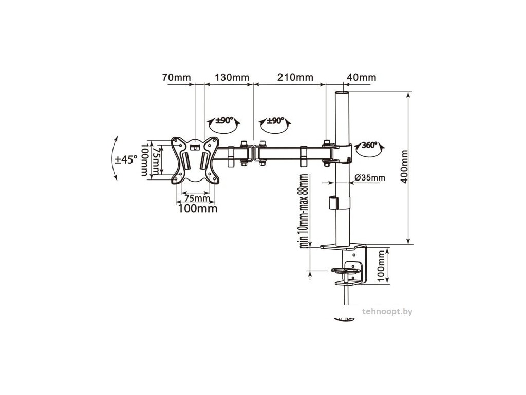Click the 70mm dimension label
click(177, 77)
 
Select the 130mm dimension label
click(232, 77)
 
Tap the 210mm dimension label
click(295, 77)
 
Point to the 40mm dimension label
click(361, 77)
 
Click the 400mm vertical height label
click(405, 167)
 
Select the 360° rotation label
click(370, 146)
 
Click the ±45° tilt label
click(126, 159)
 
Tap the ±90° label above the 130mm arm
click(224, 120)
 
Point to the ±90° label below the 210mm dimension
click(275, 120)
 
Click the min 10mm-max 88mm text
click(304, 211)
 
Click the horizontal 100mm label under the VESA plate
click(198, 209)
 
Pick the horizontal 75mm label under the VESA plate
click(196, 198)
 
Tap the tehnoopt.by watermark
click(387, 311)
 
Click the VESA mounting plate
click(195, 160)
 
